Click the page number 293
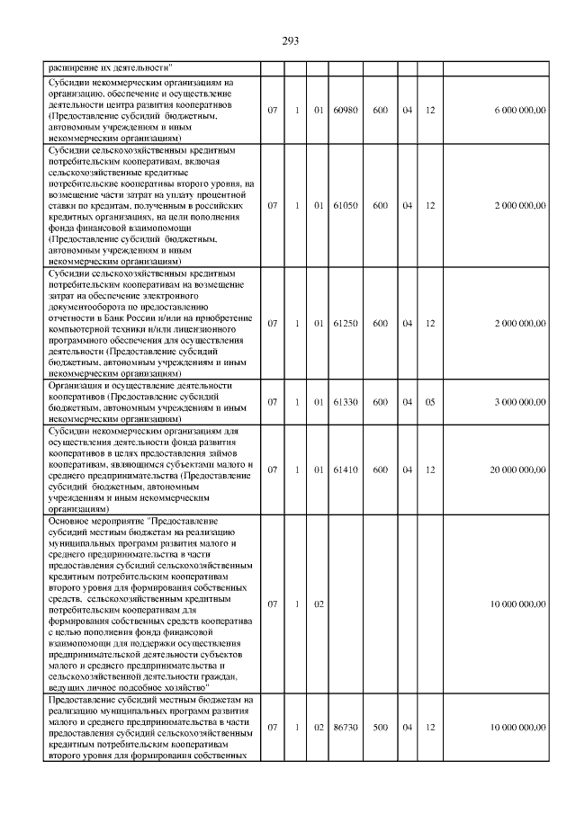(289, 40)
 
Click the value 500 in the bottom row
(381, 727)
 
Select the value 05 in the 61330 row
(430, 402)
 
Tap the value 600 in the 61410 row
(381, 469)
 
